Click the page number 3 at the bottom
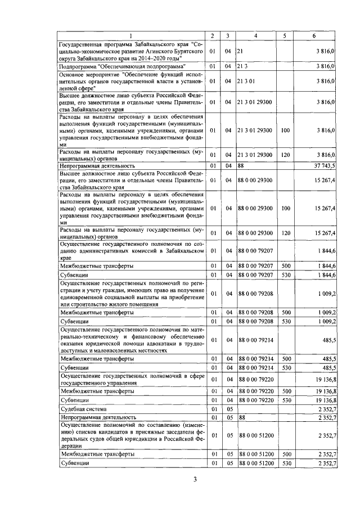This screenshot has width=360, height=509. pyautogui.click(x=195, y=479)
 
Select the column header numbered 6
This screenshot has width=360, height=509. pyautogui.click(x=314, y=37)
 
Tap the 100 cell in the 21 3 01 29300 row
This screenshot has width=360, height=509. pyautogui.click(x=285, y=130)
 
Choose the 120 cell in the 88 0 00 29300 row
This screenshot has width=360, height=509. pyautogui.click(x=285, y=233)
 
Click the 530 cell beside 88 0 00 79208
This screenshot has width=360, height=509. pyautogui.click(x=285, y=321)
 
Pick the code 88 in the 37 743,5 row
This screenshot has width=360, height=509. pyautogui.click(x=242, y=166)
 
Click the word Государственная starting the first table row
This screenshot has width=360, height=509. pyautogui.click(x=82, y=44)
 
